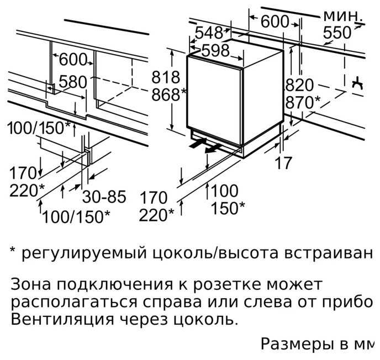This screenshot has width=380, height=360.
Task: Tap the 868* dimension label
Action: pos(168,94)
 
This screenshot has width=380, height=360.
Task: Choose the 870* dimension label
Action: pos(302,103)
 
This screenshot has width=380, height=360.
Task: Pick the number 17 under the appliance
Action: pos(283,164)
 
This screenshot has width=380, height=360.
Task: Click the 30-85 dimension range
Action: pos(104,197)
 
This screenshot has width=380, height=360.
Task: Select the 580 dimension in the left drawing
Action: pos(73,82)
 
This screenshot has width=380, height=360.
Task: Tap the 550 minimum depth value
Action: pos(337,33)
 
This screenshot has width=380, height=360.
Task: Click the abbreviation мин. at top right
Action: pos(344,15)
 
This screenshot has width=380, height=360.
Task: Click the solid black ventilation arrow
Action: pos(196,144)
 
